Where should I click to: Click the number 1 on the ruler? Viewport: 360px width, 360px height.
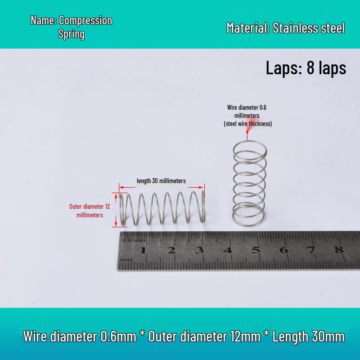[143, 250]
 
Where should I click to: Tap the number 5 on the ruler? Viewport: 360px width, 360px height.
[256, 250]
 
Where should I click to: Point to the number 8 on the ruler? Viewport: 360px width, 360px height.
[339, 249]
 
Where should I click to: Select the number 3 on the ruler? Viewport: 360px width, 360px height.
[199, 250]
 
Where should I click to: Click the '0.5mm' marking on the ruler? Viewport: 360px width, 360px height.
[133, 241]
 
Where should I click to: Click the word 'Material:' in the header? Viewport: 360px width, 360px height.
[248, 28]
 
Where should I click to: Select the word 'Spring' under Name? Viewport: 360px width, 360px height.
[72, 34]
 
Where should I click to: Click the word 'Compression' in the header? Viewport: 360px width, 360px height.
[85, 20]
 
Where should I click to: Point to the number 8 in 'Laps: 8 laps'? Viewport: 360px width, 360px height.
[310, 68]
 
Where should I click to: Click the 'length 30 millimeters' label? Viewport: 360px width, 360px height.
[161, 181]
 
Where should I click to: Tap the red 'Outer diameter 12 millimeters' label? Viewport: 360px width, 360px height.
[90, 211]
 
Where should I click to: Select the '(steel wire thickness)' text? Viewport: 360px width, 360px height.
[248, 124]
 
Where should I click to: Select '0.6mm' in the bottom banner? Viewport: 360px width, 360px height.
[118, 336]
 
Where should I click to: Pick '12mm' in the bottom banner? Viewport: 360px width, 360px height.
[246, 336]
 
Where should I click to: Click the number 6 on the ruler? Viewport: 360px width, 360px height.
[284, 250]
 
